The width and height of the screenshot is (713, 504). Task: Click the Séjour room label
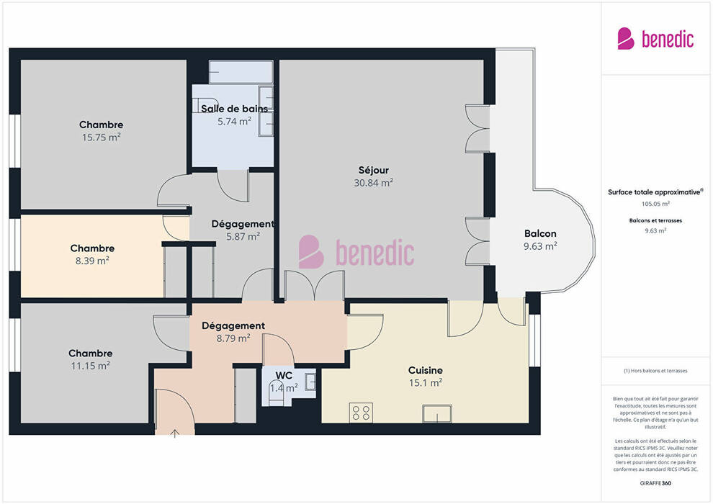373,171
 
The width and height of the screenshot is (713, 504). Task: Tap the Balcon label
540,233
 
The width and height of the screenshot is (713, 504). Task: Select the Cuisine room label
425,370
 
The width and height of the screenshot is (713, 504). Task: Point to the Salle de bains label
234,109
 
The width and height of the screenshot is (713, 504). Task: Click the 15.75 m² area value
101,138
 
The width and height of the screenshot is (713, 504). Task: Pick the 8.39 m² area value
92,261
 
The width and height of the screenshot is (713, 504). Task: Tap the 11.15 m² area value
90,366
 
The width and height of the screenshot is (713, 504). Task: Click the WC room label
284,376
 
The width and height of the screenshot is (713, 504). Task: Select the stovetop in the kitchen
361,413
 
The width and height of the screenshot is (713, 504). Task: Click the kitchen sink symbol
437,414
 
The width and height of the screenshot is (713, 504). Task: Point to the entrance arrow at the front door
174,433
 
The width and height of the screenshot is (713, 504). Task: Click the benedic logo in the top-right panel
655,39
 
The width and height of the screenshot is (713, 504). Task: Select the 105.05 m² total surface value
655,204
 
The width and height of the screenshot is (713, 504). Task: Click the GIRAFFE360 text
655,483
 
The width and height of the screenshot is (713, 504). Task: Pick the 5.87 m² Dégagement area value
243,236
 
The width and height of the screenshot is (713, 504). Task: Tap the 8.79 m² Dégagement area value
233,338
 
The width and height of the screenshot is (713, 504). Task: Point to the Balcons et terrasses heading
655,221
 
